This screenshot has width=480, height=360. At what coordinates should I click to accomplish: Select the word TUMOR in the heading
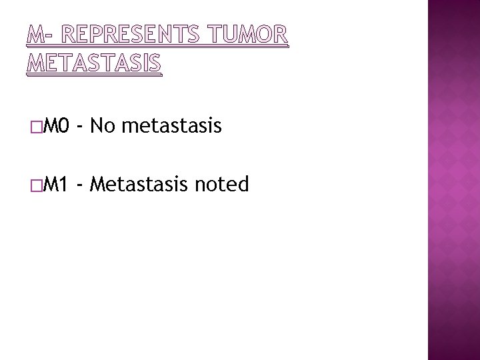pyautogui.click(x=248, y=38)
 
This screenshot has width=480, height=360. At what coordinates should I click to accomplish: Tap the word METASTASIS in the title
pyautogui.click(x=94, y=64)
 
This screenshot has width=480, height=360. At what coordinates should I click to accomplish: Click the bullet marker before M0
pyautogui.click(x=35, y=126)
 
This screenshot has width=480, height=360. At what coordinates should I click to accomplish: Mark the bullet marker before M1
pyautogui.click(x=35, y=185)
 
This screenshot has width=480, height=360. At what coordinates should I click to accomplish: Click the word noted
pyautogui.click(x=223, y=183)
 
